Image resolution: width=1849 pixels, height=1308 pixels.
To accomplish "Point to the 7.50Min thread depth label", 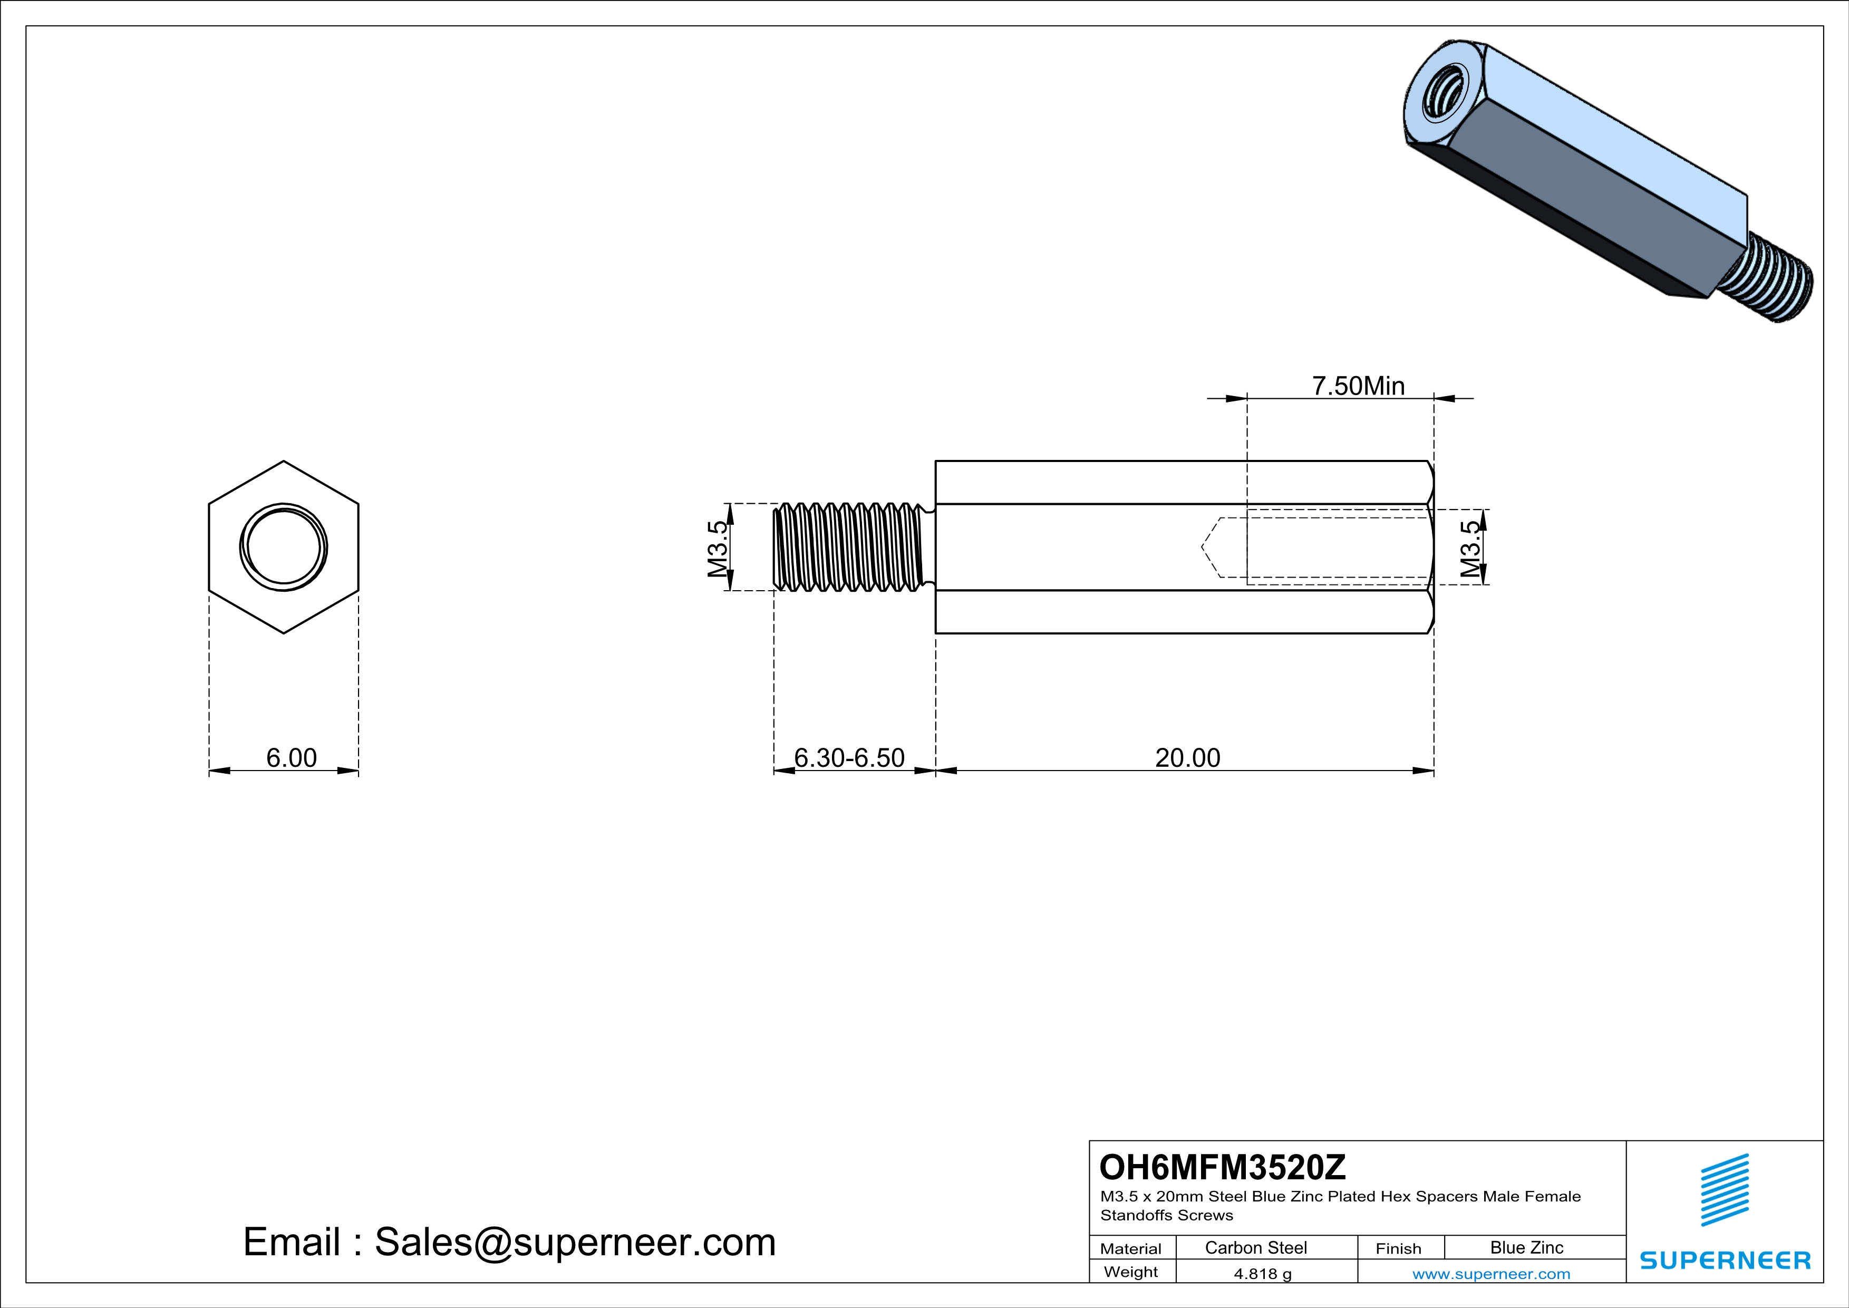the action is click(1359, 386).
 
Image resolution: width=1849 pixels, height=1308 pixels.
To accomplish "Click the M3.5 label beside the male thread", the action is click(718, 549).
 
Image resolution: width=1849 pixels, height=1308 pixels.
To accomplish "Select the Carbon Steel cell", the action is click(1255, 1247).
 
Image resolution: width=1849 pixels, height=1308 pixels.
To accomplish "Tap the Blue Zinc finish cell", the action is click(1527, 1247).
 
